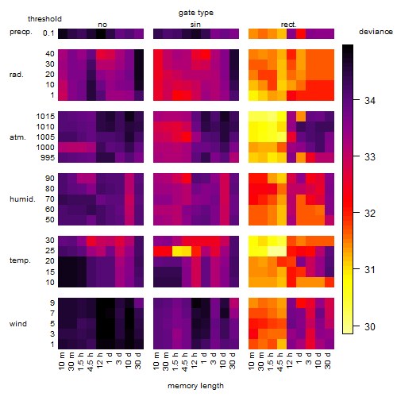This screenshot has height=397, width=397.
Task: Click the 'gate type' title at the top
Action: pyautogui.click(x=196, y=13)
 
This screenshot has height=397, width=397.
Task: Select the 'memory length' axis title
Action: pyautogui.click(x=195, y=386)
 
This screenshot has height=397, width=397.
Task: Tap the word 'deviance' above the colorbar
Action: pyautogui.click(x=376, y=32)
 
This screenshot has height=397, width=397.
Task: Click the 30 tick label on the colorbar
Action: pyautogui.click(x=370, y=326)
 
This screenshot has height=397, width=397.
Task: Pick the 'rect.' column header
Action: pyautogui.click(x=289, y=25)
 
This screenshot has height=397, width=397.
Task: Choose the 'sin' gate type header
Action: pyautogui.click(x=195, y=25)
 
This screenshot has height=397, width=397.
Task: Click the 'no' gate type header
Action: pyautogui.click(x=102, y=25)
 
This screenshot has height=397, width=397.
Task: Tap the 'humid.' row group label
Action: pyautogui.click(x=22, y=199)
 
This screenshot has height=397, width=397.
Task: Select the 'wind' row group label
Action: pyautogui.click(x=18, y=324)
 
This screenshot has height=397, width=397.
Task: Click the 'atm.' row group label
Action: pyautogui.click(x=17, y=137)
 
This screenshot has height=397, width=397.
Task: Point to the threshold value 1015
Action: pyautogui.click(x=45, y=117)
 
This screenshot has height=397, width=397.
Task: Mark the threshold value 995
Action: pyautogui.click(x=48, y=158)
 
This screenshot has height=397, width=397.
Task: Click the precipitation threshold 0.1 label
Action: pyautogui.click(x=48, y=33)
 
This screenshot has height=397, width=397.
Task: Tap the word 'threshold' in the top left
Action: pyautogui.click(x=44, y=19)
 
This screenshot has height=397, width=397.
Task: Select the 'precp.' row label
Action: pyautogui.click(x=21, y=32)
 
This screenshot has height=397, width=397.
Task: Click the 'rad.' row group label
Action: pyautogui.click(x=17, y=75)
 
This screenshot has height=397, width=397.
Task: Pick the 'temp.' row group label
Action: pyautogui.click(x=20, y=260)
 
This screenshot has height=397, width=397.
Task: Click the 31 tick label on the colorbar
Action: pyautogui.click(x=370, y=270)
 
